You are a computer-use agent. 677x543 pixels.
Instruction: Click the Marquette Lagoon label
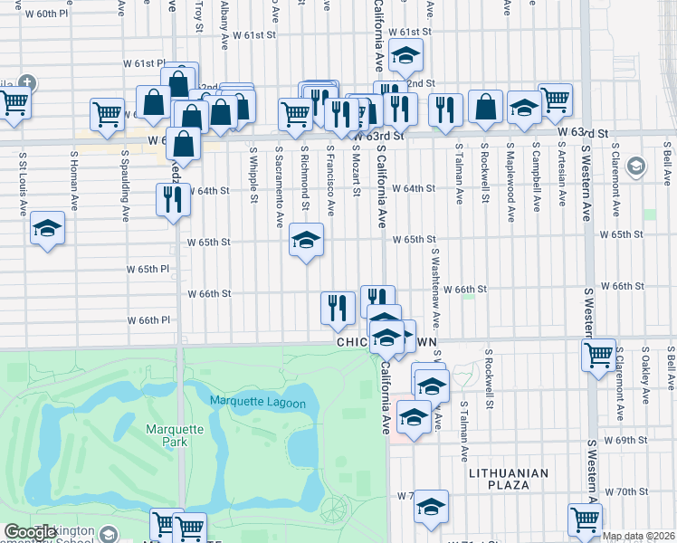(258, 403)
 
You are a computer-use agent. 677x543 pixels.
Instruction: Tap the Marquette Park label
(169, 435)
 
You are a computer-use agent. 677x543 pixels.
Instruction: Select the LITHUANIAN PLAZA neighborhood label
(510, 479)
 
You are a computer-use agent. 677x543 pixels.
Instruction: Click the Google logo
(31, 532)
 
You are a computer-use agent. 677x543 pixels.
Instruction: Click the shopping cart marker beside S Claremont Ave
(599, 356)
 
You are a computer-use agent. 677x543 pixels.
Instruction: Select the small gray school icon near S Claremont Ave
(636, 166)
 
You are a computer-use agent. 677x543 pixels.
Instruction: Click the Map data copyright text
(639, 536)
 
